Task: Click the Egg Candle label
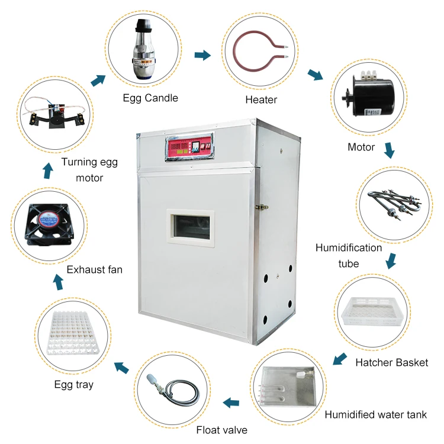pos(150,98)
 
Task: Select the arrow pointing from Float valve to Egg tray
pos(122,368)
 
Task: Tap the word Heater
pos(261,99)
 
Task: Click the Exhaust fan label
pos(95,270)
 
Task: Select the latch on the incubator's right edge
pos(258,207)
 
